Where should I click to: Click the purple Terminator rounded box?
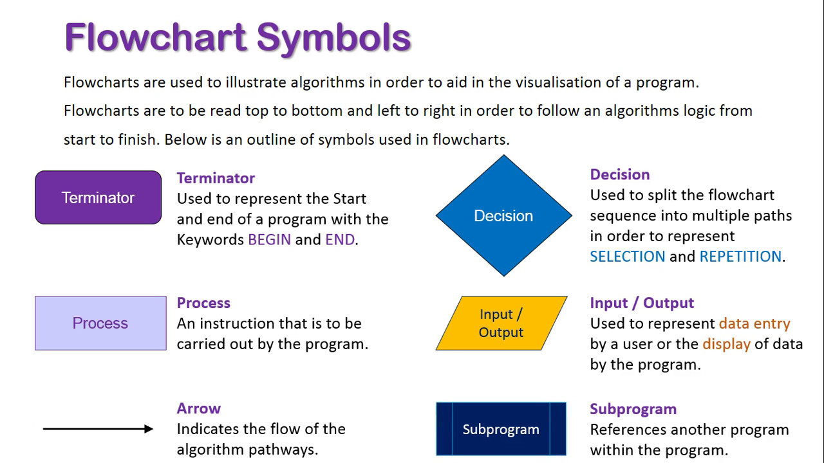98,197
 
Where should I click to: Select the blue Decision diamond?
503,215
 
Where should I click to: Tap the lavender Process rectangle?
100,323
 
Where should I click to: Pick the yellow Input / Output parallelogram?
501,323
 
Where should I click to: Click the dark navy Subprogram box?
501,429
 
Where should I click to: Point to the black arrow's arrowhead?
149,428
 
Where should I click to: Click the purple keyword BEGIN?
269,240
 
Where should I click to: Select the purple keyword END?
340,240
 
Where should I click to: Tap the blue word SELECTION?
627,257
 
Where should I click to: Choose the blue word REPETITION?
740,257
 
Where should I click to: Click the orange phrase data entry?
754,323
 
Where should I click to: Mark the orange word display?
726,344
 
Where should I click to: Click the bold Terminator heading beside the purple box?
216,178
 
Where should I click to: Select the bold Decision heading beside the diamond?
619,174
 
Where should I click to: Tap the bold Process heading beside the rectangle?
203,303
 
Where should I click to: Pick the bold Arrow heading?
198,408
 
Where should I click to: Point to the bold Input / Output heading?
641,303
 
